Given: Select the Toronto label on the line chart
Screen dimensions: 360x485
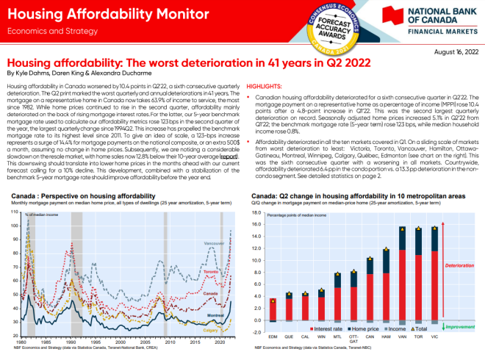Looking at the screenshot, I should click(x=210, y=272).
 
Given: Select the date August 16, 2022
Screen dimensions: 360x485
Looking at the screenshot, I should click(x=456, y=52).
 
